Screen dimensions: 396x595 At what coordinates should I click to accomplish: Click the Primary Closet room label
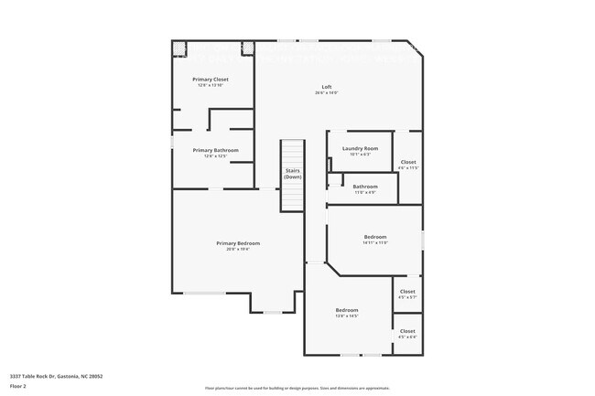pyautogui.click(x=211, y=80)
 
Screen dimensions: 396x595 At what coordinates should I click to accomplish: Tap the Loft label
pyautogui.click(x=327, y=87)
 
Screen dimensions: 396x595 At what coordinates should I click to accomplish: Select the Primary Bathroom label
pyautogui.click(x=215, y=150)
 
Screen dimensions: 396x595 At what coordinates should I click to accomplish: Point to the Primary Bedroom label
pyautogui.click(x=238, y=243)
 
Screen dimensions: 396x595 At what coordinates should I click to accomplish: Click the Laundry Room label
pyautogui.click(x=360, y=148)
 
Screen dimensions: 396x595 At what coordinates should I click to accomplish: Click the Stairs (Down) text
pyautogui.click(x=292, y=173)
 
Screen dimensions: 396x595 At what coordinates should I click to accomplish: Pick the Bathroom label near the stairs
pyautogui.click(x=365, y=187)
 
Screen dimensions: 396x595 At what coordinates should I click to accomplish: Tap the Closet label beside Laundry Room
pyautogui.click(x=408, y=162)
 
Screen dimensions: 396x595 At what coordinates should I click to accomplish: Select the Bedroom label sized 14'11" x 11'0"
pyautogui.click(x=375, y=237)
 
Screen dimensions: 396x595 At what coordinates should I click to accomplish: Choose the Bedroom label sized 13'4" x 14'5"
pyautogui.click(x=346, y=310)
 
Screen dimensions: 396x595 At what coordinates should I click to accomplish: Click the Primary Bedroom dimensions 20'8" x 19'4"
pyautogui.click(x=238, y=249)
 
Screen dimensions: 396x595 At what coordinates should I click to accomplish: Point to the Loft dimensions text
pyautogui.click(x=327, y=92)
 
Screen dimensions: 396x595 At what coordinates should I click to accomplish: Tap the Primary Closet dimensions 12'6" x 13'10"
pyautogui.click(x=211, y=85)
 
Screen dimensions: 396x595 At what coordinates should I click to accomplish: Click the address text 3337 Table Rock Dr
pyautogui.click(x=56, y=375)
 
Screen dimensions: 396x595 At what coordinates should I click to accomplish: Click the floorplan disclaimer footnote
pyautogui.click(x=297, y=388)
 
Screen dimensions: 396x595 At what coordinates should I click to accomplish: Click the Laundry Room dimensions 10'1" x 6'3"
pyautogui.click(x=360, y=154)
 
